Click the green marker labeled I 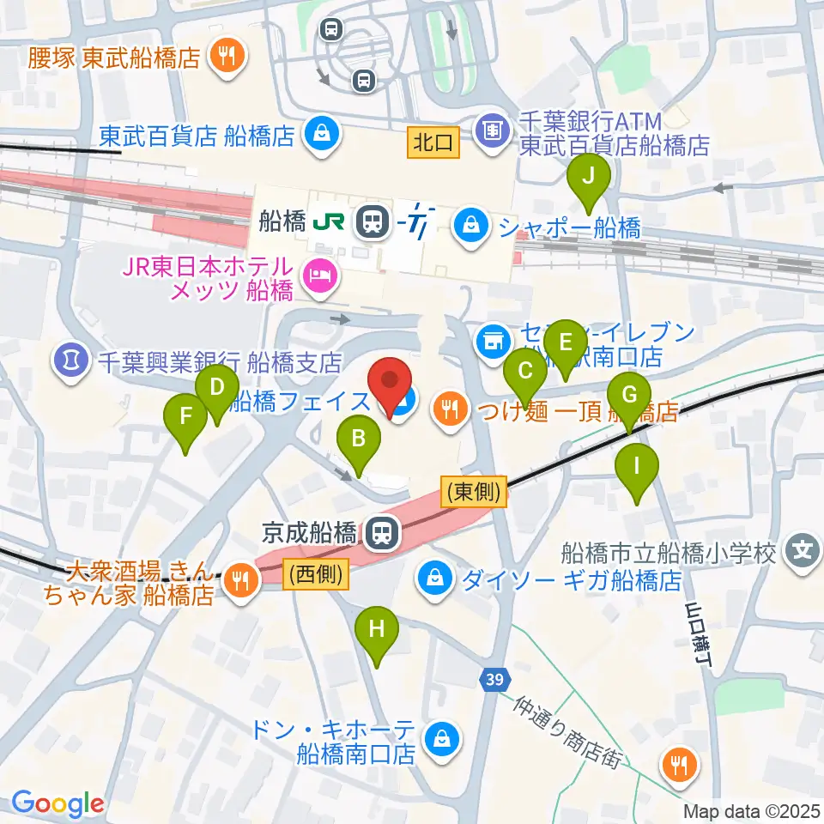point(637,467)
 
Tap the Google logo point(58,803)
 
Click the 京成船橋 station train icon point(378,535)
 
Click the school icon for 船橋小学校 point(803,548)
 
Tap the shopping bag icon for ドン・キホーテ point(440,736)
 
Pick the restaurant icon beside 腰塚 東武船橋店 point(228,58)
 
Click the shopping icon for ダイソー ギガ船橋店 point(436,578)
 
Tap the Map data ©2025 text point(753,809)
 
